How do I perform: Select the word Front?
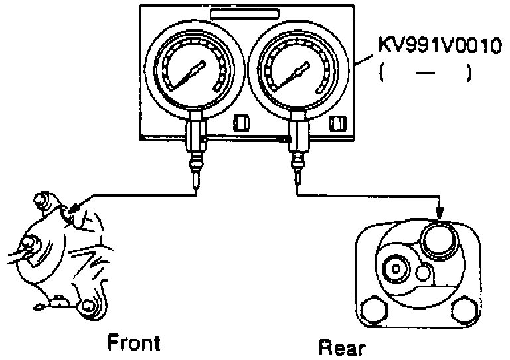coord(133,343)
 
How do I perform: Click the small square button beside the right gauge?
coord(338,123)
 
